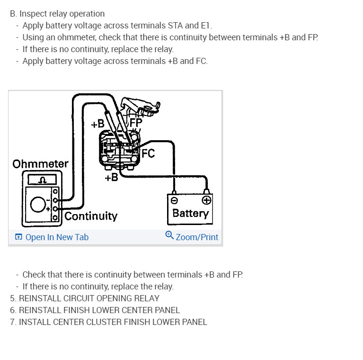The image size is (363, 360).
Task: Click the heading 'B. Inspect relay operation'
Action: [x=57, y=14]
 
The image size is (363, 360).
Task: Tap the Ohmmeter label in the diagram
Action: [x=40, y=164]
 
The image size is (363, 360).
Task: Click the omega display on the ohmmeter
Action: [x=42, y=180]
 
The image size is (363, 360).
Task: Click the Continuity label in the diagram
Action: [x=91, y=216]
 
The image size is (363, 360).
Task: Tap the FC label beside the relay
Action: [x=148, y=153]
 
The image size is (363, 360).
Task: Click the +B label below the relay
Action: [x=112, y=178]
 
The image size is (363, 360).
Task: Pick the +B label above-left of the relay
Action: [x=97, y=124]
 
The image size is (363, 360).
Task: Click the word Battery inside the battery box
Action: [x=190, y=213]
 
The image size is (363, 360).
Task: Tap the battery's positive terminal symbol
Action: [x=206, y=200]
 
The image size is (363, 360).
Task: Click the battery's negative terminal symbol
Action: [x=174, y=200]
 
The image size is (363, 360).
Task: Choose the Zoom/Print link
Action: [x=197, y=237]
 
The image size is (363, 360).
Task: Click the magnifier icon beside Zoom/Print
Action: [x=169, y=235]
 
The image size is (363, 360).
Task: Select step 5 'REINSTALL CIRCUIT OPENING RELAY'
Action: [x=85, y=298]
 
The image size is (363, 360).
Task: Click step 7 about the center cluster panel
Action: [x=108, y=322]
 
